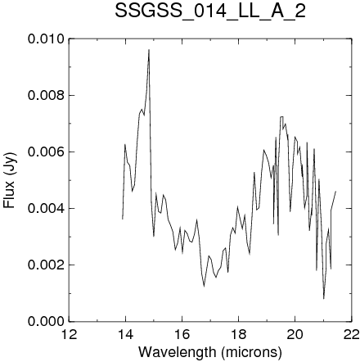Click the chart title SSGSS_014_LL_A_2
210,11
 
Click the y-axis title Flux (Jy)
9,180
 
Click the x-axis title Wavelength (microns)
210,352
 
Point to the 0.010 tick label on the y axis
46,39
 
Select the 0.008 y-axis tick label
46,96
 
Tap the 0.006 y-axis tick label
46,152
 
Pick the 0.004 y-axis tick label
46,208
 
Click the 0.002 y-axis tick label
46,265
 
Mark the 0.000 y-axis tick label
46,321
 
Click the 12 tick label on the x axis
69,334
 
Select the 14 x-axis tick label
125,334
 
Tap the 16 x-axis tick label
182,334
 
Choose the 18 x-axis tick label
238,334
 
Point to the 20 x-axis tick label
295,334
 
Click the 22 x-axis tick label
351,334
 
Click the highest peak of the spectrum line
149,50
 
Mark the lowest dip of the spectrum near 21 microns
324,299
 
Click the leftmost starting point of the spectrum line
123,219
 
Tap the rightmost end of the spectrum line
335,192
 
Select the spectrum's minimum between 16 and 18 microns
204,287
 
